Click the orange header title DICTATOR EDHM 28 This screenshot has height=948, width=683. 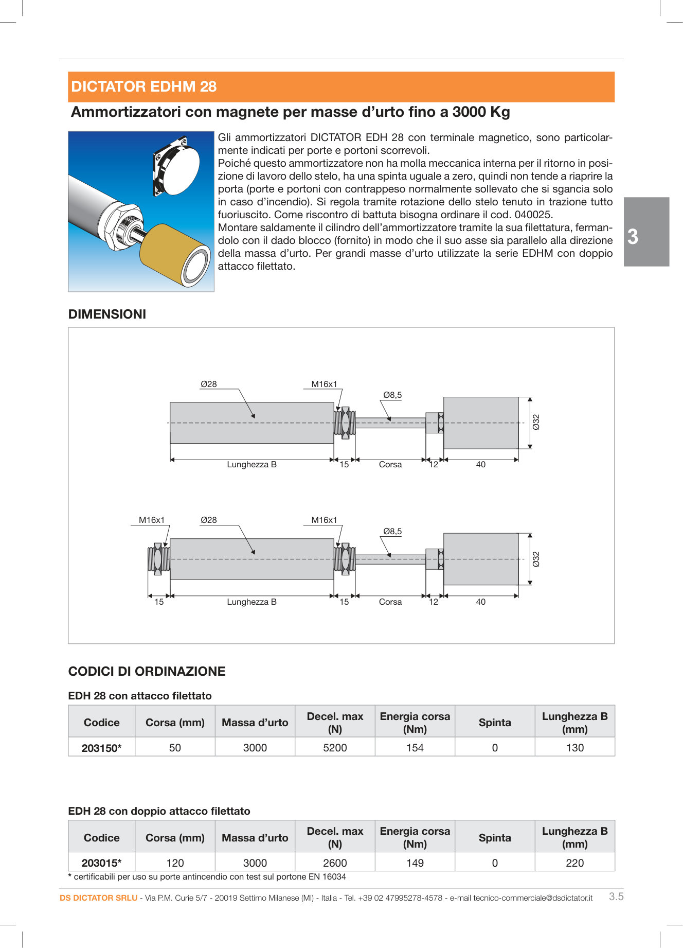(x=143, y=86)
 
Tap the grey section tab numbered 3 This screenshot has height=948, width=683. (x=646, y=232)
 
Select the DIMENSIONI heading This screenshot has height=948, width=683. (x=107, y=314)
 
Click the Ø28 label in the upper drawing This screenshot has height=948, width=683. (x=208, y=384)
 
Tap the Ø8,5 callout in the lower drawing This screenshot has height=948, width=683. (x=392, y=531)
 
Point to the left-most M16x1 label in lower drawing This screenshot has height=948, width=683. (x=152, y=520)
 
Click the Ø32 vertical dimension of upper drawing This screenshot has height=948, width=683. (x=536, y=422)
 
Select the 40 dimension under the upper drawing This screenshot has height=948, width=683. (x=480, y=465)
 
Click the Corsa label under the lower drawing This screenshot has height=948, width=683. (x=390, y=602)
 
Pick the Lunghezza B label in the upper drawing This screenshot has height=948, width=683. (x=251, y=465)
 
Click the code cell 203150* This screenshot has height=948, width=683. (x=101, y=748)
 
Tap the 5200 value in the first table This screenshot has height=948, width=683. (x=335, y=748)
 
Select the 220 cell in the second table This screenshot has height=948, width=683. (x=574, y=863)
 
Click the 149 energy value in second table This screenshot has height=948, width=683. (x=415, y=863)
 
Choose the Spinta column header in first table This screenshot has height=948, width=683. (x=494, y=723)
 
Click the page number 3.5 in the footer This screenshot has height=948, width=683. (x=616, y=897)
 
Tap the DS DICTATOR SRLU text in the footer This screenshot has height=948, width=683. (x=98, y=898)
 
